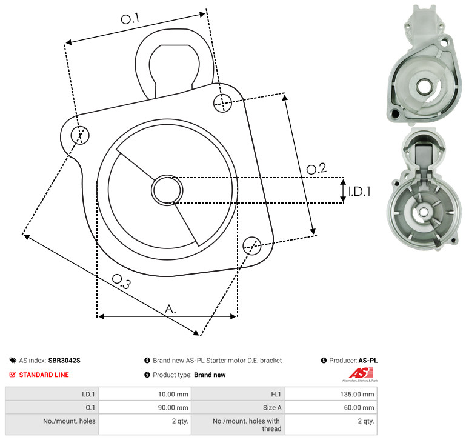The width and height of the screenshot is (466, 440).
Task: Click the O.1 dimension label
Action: point(130,19)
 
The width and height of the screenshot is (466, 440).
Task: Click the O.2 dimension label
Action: point(316,168)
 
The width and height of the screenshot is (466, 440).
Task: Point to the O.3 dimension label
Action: point(121,281)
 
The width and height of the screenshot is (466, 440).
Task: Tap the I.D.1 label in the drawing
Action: point(359,191)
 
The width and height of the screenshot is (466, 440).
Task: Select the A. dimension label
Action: point(170,309)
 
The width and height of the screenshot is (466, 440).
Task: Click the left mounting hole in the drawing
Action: point(80,135)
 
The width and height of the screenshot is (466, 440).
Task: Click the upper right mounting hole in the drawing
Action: point(222,103)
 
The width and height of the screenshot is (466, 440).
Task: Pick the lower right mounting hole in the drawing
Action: point(252,245)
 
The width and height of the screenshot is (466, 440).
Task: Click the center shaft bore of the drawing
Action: point(167,190)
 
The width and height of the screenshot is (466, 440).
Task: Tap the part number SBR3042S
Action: point(64,361)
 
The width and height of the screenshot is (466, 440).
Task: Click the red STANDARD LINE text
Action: point(44,375)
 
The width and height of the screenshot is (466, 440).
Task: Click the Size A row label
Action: point(272,408)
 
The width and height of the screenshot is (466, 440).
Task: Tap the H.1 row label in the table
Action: point(276,394)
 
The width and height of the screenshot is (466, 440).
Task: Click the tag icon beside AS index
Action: point(13,361)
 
